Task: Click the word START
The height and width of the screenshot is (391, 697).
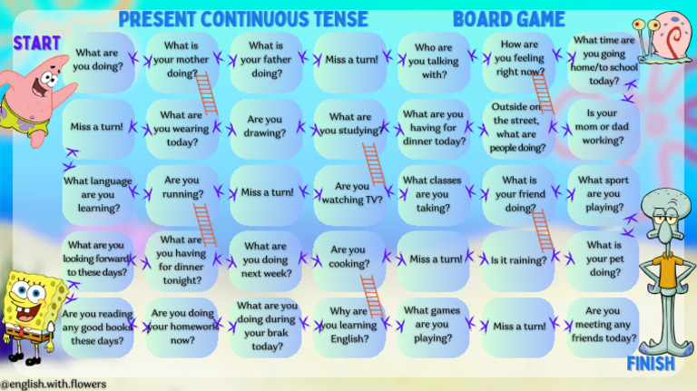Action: coord(36,43)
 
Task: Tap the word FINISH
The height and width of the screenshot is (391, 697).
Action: coord(651,364)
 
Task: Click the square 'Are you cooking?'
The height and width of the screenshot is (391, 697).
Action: coord(348,258)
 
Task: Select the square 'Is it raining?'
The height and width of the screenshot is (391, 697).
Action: coord(518,260)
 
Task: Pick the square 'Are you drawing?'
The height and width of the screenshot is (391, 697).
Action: coord(265,126)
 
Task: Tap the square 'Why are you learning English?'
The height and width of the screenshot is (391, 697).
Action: coord(348,325)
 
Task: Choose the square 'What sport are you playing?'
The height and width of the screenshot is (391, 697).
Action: coord(603,194)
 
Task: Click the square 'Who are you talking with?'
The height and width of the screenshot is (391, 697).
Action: coord(433,62)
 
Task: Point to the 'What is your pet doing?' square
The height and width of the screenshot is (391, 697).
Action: coord(604,259)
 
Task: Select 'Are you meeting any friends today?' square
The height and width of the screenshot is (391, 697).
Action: coord(603,325)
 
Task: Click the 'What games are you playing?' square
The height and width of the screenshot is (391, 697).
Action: coord(433,325)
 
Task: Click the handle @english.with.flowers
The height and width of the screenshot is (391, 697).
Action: coord(54,384)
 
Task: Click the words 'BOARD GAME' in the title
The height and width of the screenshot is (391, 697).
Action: coord(508,19)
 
